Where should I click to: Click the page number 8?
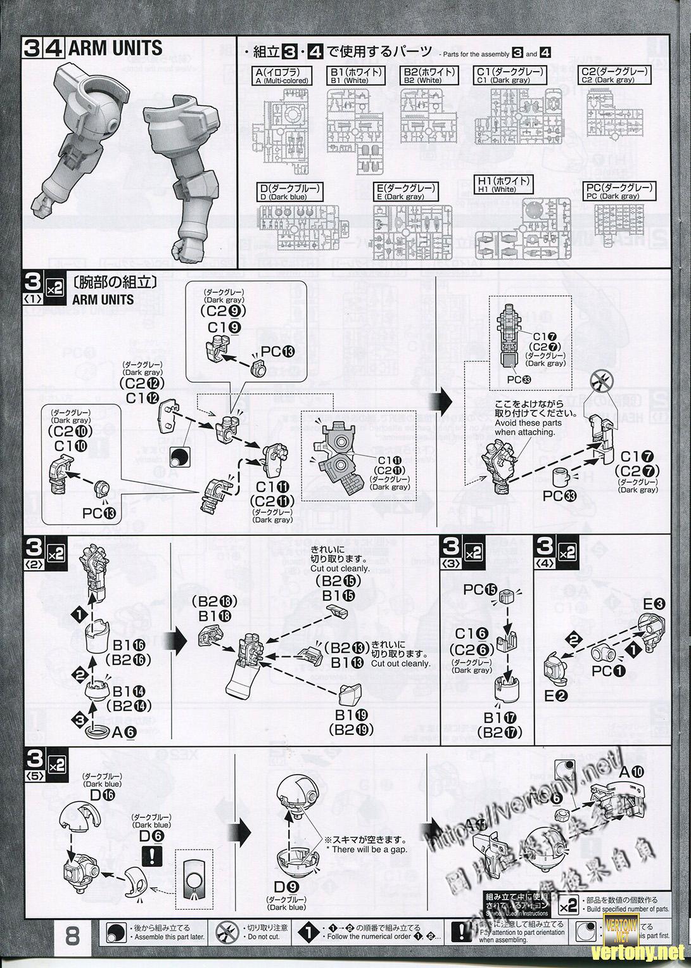coord(72,935)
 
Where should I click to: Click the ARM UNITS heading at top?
coord(115,48)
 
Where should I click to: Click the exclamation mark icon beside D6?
coord(153,857)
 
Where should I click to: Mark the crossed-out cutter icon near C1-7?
coord(599,382)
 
